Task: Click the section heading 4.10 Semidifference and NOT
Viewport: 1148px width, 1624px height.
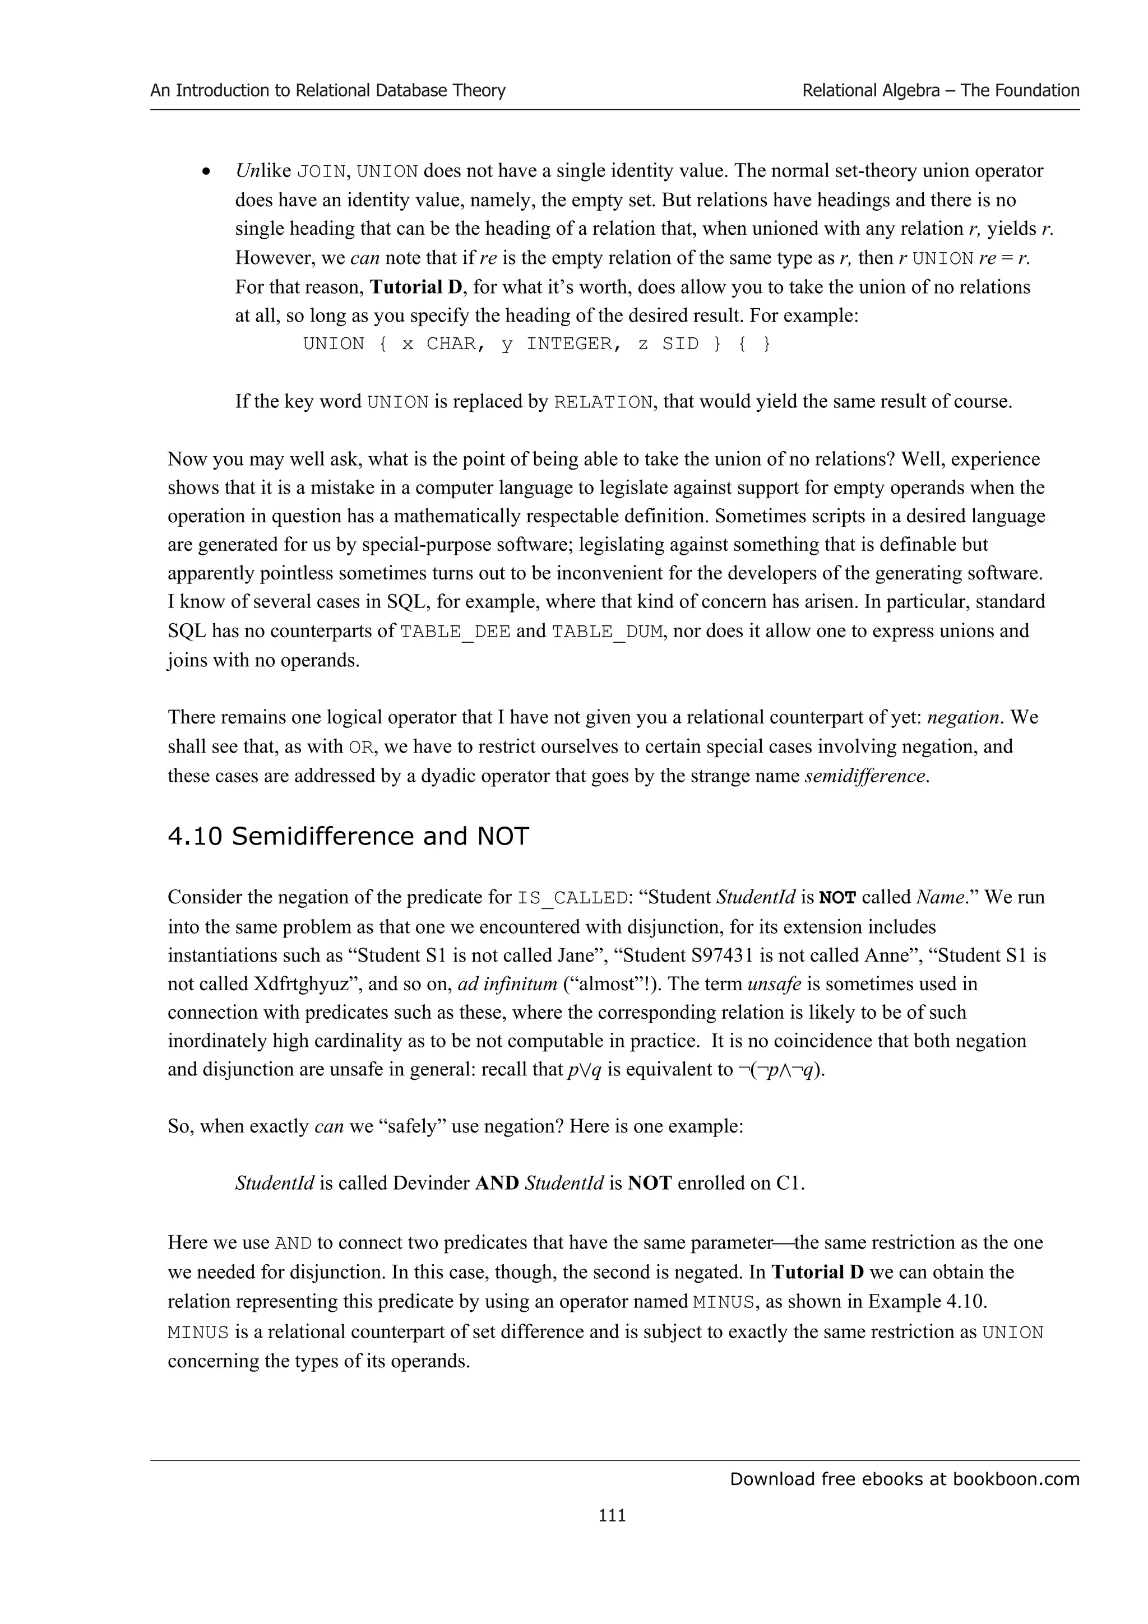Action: pos(348,836)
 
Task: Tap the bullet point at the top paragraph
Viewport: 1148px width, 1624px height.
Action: pos(206,172)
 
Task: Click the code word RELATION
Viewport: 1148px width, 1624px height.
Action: pos(603,402)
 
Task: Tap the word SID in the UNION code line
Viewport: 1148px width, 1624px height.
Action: pos(681,345)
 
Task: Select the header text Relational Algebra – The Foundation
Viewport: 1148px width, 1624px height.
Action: pos(940,91)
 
